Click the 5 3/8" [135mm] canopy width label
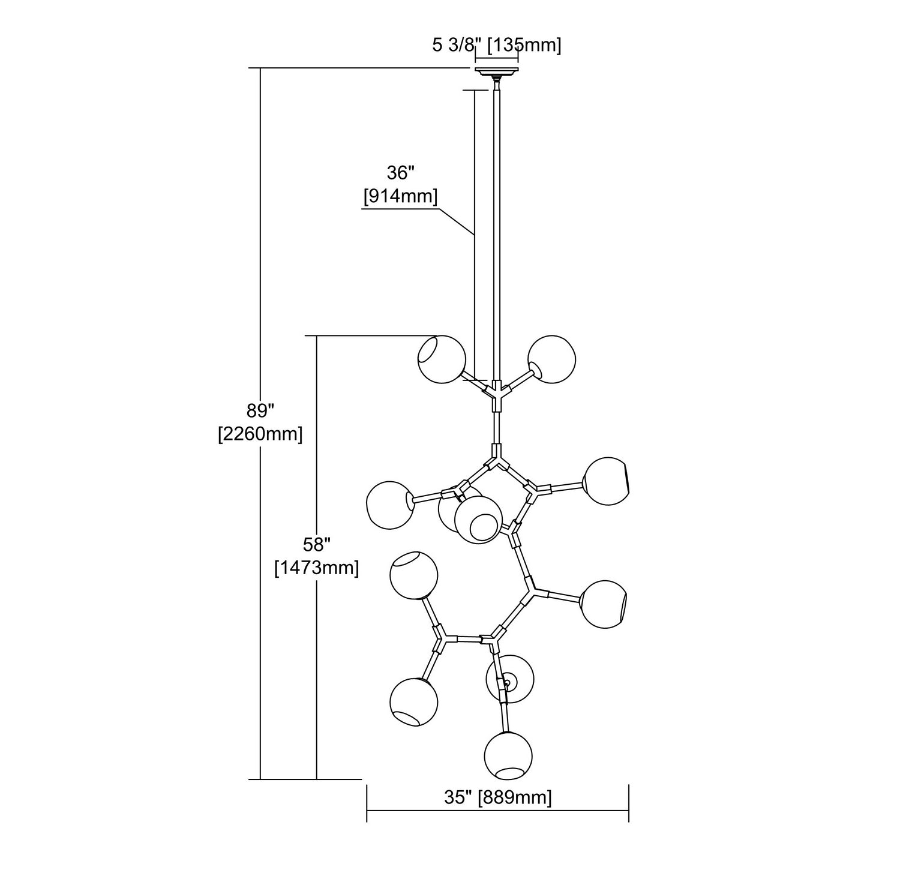pyautogui.click(x=497, y=46)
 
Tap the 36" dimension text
pyautogui.click(x=401, y=173)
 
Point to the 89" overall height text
pyautogui.click(x=260, y=411)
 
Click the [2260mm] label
pyautogui.click(x=260, y=433)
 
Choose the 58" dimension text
pyautogui.click(x=316, y=545)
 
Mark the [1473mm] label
pyautogui.click(x=316, y=567)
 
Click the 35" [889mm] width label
pyautogui.click(x=498, y=797)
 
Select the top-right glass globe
pyautogui.click(x=551, y=359)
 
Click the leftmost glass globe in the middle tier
pyautogui.click(x=390, y=505)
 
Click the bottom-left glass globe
pyautogui.click(x=413, y=701)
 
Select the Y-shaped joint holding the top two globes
pyautogui.click(x=496, y=393)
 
